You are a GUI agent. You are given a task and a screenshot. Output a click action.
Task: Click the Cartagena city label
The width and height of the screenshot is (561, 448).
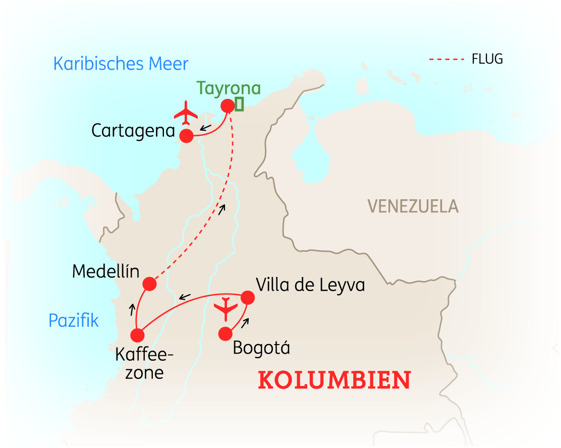[x=133, y=131]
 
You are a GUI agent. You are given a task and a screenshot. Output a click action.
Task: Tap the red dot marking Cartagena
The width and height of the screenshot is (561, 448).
[x=187, y=135]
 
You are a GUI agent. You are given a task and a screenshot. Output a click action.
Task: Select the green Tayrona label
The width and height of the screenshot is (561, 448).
[x=229, y=88]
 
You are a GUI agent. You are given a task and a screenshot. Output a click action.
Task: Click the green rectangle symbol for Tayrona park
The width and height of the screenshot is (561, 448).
[x=239, y=104]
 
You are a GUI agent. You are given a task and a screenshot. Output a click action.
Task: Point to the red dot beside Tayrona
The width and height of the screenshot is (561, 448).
[x=228, y=105]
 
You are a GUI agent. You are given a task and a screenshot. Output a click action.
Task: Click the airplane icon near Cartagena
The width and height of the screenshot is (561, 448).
[x=186, y=112]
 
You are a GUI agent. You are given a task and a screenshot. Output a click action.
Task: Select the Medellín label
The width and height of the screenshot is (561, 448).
[x=105, y=271]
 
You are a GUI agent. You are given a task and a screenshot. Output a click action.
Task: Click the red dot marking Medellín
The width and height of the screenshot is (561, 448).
[x=149, y=284]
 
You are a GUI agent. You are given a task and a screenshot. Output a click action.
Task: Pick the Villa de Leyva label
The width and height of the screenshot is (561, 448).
[x=310, y=285]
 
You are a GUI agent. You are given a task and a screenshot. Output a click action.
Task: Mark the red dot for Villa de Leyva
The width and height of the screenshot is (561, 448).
[x=247, y=297]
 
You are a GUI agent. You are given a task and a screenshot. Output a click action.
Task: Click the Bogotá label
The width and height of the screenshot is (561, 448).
[x=261, y=348]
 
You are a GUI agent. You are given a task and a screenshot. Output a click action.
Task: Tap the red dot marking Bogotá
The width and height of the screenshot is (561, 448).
[x=225, y=333]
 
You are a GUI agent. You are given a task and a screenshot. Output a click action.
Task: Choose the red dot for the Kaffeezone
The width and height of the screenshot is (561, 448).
[x=137, y=335]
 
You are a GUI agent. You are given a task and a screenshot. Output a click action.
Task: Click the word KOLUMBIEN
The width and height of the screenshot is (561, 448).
[x=334, y=380]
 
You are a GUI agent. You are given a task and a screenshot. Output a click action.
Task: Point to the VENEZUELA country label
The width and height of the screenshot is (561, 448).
[x=413, y=206]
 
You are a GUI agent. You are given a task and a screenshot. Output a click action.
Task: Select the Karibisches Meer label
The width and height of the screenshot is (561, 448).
[x=121, y=64]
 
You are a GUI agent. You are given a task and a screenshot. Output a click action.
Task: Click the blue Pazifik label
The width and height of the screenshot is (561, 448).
[x=74, y=320]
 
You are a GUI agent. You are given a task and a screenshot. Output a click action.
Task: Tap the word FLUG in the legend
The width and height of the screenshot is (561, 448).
[x=487, y=59]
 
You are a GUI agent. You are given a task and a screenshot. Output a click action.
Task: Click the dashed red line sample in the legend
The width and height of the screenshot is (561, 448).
[x=446, y=60]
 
